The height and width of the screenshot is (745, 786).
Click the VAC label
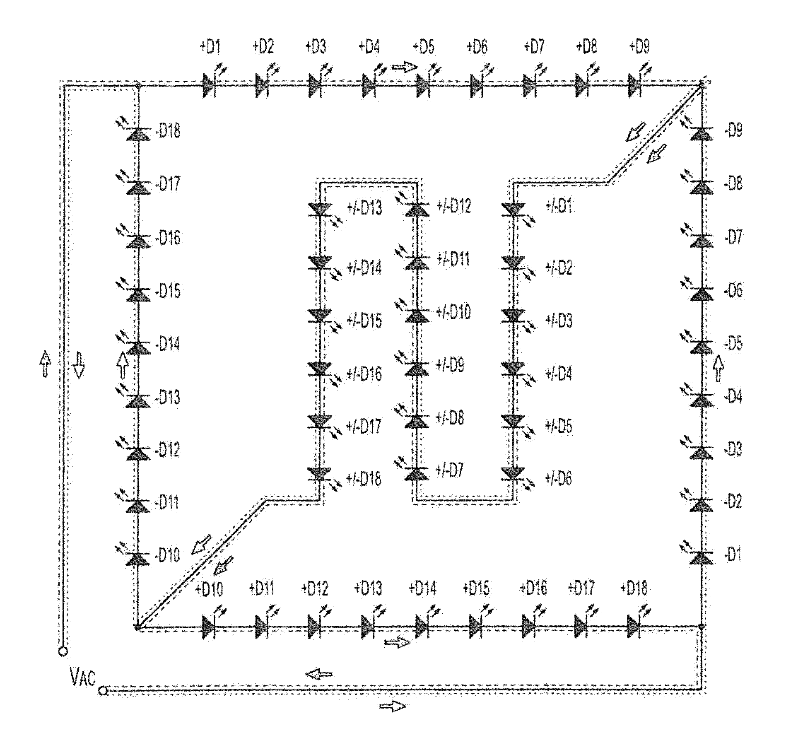tap(83, 679)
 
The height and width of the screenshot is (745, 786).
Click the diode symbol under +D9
tap(635, 85)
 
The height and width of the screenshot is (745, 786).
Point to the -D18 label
tap(167, 132)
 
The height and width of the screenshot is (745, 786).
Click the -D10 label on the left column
tap(167, 555)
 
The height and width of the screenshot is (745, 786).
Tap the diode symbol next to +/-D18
tap(319, 473)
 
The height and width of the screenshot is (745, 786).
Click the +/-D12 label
tap(454, 206)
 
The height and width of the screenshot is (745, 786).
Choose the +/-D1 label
tap(559, 206)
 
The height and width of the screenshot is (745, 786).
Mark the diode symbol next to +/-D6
tap(513, 473)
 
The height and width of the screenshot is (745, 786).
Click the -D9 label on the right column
tap(733, 131)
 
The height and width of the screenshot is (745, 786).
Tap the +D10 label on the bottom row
tap(209, 588)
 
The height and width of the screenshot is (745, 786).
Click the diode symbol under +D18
tap(634, 627)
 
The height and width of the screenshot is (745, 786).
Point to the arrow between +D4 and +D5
tap(405, 67)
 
